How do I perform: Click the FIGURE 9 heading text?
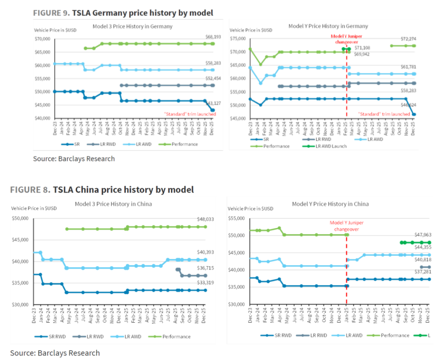(123, 13)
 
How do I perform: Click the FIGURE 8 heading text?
(102, 189)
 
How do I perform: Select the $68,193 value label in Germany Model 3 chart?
(213, 37)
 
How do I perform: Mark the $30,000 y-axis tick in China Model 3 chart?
(20, 305)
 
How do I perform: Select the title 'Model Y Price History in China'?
(330, 204)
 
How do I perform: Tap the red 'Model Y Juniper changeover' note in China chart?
(346, 226)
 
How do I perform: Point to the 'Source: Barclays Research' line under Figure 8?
(55, 353)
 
